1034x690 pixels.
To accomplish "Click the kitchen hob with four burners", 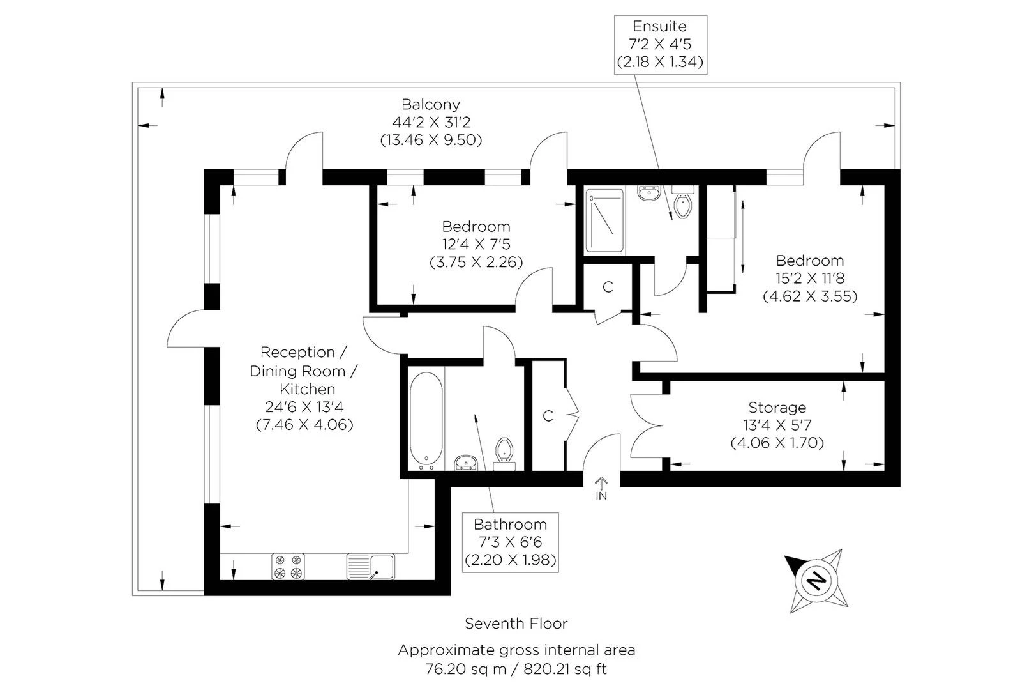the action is point(288,566).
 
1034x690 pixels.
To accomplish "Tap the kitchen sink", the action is point(371,567).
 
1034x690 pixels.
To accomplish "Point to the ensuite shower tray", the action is point(604,220).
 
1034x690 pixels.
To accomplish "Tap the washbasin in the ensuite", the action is point(650,193).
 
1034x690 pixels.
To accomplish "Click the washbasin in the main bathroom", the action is point(466,463).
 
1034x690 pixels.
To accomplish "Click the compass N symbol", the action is point(816,580).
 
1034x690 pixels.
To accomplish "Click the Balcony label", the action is point(431,104).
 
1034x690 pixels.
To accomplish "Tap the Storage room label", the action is point(777,408).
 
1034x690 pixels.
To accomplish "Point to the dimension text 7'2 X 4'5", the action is point(660,44).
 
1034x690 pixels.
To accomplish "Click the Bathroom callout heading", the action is point(511,524).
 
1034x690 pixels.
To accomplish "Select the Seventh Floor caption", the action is point(516,624).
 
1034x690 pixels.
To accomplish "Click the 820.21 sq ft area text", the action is point(565,669).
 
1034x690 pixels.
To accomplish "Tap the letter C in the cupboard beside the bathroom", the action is point(548,416).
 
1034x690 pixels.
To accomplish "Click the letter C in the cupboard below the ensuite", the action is point(608,287).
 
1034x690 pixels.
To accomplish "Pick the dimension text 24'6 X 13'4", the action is point(304,407).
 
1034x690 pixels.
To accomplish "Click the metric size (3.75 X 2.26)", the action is point(476,262).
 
